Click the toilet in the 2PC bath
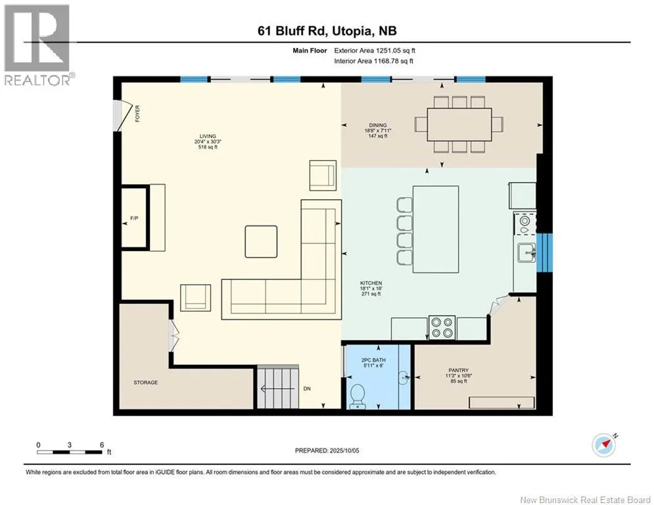(358, 396)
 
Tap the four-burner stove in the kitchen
(442, 327)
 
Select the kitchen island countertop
(436, 229)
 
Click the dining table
(459, 124)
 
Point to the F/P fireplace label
(134, 218)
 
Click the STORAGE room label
(145, 382)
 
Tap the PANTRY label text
(458, 370)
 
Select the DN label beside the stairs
(307, 389)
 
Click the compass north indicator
(604, 445)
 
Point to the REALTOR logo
(37, 45)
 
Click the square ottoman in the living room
(261, 241)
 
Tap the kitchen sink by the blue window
(526, 252)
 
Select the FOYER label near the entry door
(137, 114)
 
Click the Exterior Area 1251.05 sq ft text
(375, 51)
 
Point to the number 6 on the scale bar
(102, 445)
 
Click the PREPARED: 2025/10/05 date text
(327, 450)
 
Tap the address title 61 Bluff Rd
(293, 31)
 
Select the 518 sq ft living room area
(208, 147)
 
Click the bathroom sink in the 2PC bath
(405, 378)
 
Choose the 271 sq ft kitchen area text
(371, 294)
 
